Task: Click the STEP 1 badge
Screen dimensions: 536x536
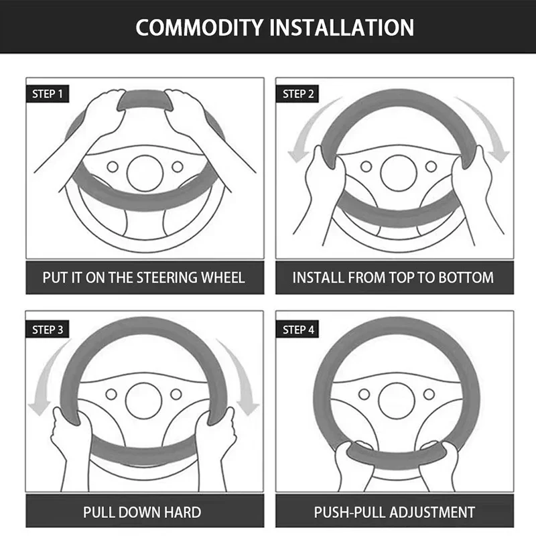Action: (x=48, y=94)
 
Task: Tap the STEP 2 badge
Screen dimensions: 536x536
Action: (x=297, y=94)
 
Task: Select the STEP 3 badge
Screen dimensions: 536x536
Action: (x=48, y=329)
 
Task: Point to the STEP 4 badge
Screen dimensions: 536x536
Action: (x=297, y=329)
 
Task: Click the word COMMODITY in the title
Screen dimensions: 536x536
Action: (x=200, y=27)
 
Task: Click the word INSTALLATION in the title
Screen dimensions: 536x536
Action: (x=342, y=27)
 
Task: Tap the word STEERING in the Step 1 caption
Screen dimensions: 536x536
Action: (x=167, y=277)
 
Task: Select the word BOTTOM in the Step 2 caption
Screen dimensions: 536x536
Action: (x=466, y=277)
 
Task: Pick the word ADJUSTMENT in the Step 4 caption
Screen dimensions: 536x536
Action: (x=432, y=512)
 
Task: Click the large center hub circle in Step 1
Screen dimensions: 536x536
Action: (x=145, y=173)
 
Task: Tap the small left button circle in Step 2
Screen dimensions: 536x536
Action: (x=366, y=166)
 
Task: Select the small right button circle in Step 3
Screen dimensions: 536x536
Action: (x=176, y=394)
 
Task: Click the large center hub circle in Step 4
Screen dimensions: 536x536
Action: (x=397, y=401)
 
